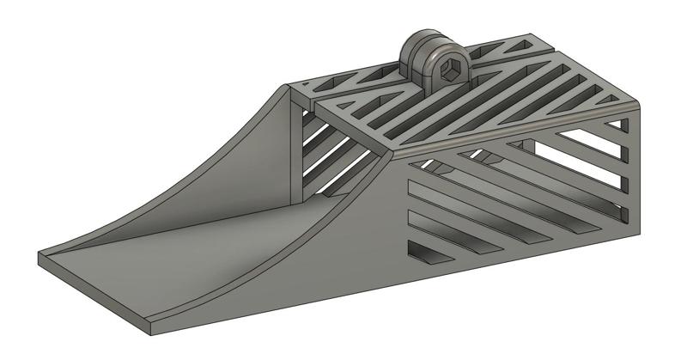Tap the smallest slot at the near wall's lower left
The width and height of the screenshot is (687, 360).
tap(426, 252)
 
